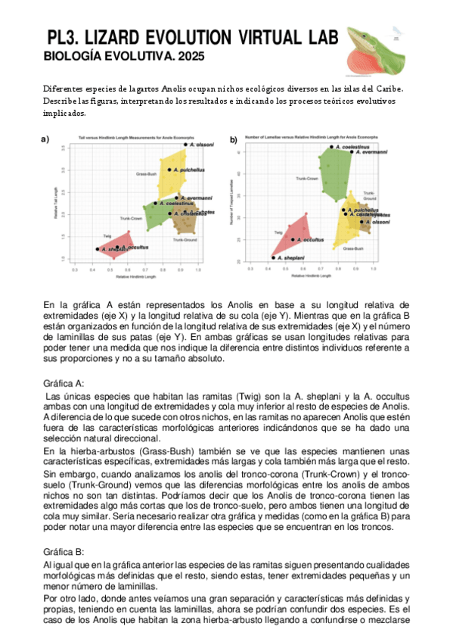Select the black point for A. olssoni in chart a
[185, 143]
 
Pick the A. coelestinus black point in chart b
[331, 146]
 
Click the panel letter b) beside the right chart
[234, 140]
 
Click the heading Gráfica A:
[64, 383]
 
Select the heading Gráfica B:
[64, 552]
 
